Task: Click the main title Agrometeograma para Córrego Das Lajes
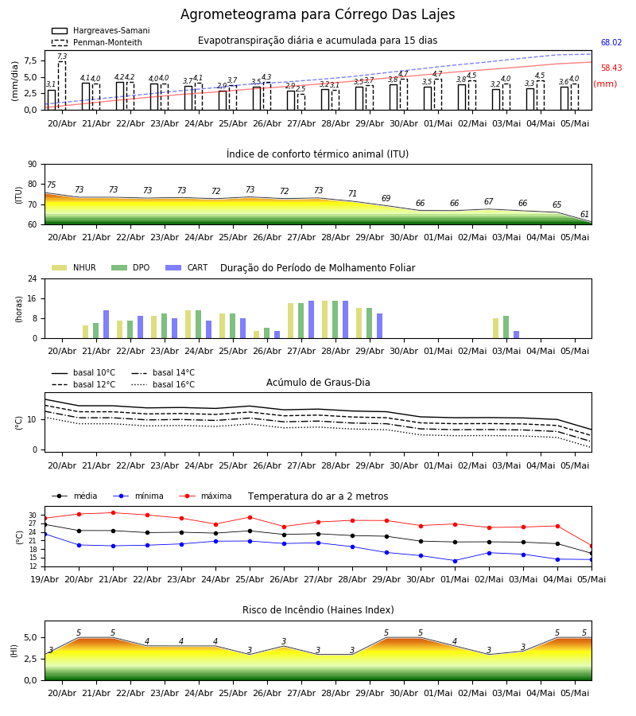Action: (x=317, y=14)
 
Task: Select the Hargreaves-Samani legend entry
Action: (x=100, y=30)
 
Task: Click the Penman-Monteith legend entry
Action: (x=97, y=42)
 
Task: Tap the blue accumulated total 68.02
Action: (x=611, y=42)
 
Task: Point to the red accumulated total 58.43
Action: (x=611, y=68)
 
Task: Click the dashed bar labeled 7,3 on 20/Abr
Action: (x=62, y=85)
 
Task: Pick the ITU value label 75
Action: (x=51, y=185)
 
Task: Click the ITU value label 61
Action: (x=584, y=214)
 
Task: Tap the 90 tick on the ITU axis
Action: (x=33, y=165)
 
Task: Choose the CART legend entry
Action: (x=187, y=267)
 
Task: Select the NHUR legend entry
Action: (x=74, y=267)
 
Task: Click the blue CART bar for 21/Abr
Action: (x=107, y=325)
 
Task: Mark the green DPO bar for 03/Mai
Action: (x=506, y=327)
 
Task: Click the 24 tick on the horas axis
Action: (x=33, y=278)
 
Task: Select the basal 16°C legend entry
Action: (x=163, y=384)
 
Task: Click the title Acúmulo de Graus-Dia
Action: (x=318, y=382)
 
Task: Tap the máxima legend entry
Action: (x=205, y=496)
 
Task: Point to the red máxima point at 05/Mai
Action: (x=591, y=546)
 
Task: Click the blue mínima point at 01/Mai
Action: (x=455, y=561)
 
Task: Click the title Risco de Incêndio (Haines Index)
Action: (x=318, y=610)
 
